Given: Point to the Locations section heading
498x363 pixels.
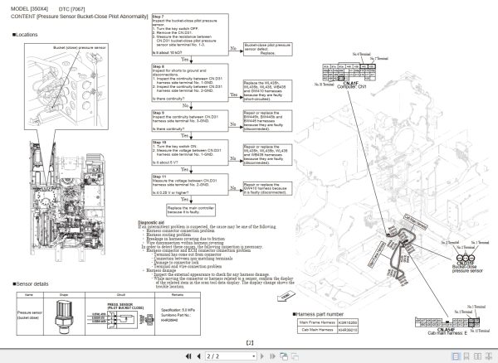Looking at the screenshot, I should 27,35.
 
